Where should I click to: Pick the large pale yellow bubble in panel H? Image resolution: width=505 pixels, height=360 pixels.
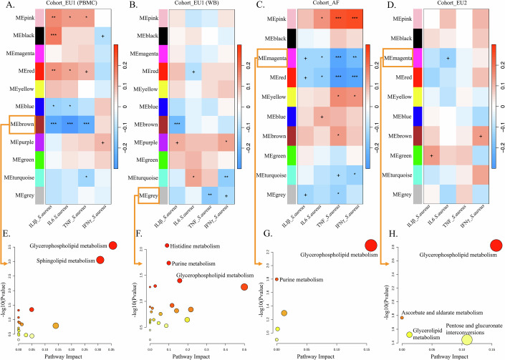pos(466,339)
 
